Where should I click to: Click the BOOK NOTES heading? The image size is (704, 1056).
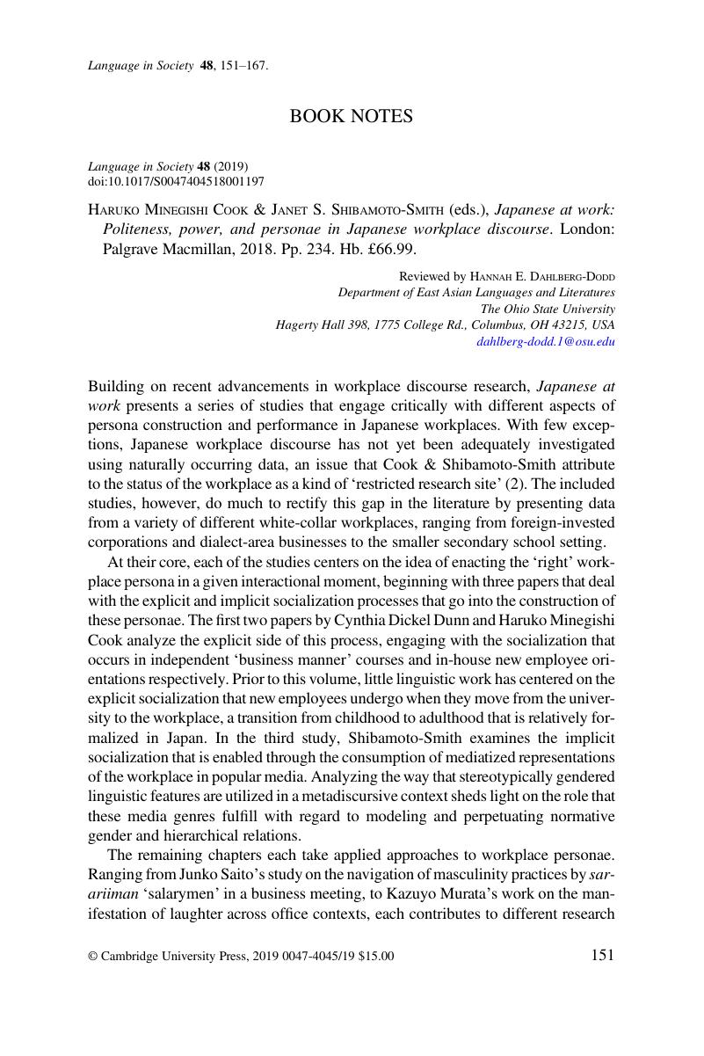(352, 116)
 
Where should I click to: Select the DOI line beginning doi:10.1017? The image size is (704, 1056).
(176, 181)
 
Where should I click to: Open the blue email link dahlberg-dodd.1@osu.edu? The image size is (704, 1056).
(546, 341)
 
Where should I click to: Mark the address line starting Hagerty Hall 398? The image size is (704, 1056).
(446, 324)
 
